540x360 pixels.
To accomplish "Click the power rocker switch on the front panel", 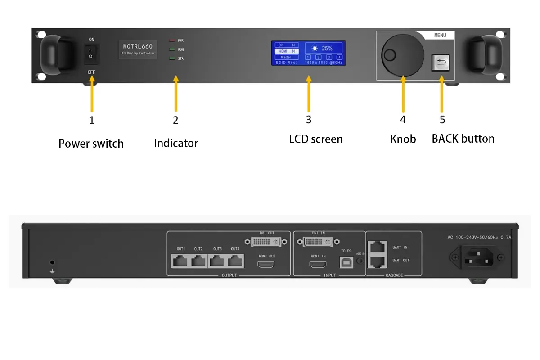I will point(91,54).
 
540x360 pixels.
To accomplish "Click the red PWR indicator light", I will point(172,40).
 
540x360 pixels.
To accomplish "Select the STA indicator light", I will point(172,58).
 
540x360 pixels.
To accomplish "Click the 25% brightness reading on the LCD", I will point(324,48).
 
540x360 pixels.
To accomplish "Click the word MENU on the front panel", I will point(440,35).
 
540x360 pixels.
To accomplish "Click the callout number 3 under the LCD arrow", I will point(309,119).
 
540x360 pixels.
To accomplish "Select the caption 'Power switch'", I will point(91,144).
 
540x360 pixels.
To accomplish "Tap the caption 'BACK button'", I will point(463,139).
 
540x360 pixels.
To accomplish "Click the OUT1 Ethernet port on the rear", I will point(180,261).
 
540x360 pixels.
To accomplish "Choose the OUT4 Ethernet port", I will point(235,261).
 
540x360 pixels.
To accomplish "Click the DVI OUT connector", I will point(266,242).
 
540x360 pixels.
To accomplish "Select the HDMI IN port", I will point(318,264).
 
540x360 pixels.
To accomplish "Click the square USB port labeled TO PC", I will point(346,263).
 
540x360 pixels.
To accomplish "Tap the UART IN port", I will point(377,247).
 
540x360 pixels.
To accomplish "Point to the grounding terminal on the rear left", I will point(52,262).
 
